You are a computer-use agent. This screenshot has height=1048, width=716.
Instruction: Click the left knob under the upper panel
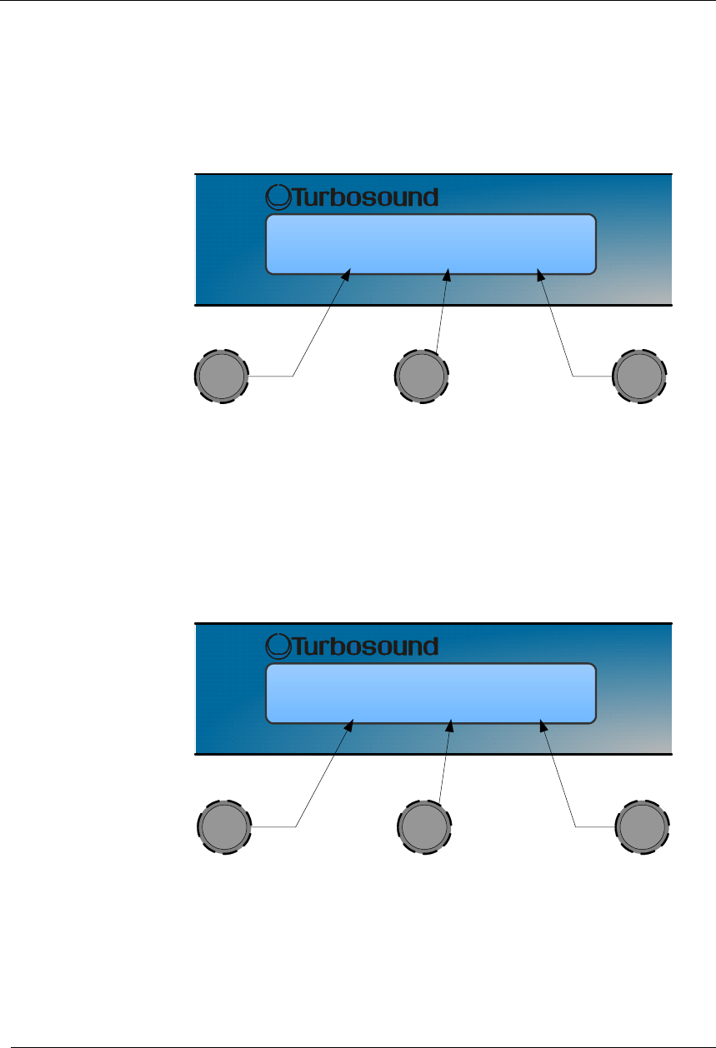coord(221,377)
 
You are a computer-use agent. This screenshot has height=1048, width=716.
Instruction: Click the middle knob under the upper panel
coord(421,377)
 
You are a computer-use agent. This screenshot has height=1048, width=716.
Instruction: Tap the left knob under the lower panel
coord(224,827)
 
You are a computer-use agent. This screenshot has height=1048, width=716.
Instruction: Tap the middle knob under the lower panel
coord(424,827)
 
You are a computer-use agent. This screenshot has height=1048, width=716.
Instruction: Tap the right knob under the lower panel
coord(643,827)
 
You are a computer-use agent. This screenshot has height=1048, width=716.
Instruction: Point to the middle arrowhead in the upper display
coord(449,274)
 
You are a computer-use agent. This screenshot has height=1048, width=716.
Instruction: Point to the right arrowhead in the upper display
coord(541,274)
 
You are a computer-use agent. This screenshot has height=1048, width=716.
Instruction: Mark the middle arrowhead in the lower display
coord(452,724)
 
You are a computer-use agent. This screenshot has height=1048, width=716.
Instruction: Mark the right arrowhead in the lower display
coord(543,724)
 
